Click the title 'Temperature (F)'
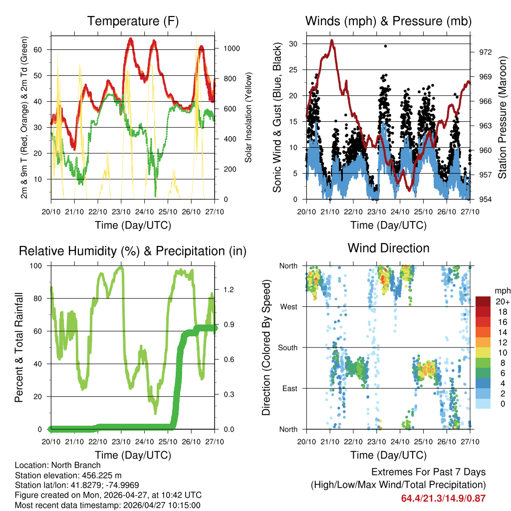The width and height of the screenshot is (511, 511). point(133,21)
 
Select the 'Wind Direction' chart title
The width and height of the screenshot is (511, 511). point(388,248)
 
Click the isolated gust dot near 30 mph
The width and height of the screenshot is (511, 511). point(385,46)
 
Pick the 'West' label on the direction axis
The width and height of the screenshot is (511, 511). point(289,306)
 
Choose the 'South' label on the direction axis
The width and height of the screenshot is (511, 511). point(288,347)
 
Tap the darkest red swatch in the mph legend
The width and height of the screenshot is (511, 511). point(483,301)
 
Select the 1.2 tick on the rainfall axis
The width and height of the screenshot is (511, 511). point(229,289)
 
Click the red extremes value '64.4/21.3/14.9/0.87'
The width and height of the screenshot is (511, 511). point(443,498)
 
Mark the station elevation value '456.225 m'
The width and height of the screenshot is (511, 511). point(100,476)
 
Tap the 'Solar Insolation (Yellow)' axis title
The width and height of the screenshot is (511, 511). point(248,118)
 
